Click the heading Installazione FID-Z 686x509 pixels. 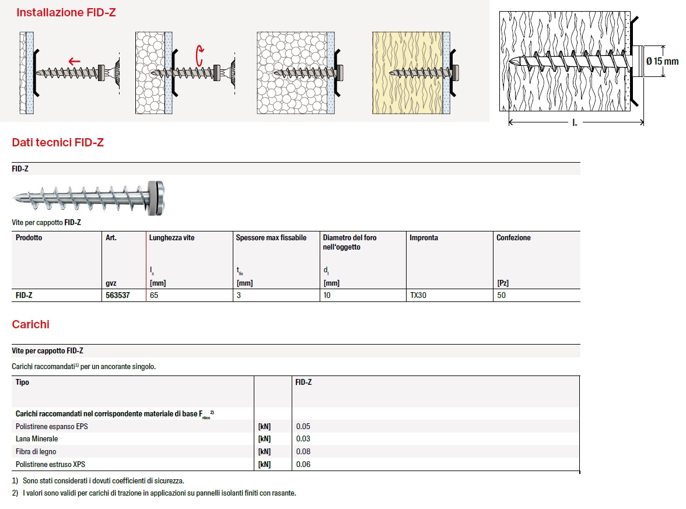[x=66, y=13]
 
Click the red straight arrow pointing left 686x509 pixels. [x=75, y=61]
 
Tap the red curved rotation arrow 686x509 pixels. [x=199, y=55]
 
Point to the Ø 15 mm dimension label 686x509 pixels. [x=663, y=61]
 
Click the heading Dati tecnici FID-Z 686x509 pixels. [x=58, y=142]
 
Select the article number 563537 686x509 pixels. [x=118, y=295]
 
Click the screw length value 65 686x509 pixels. [x=154, y=295]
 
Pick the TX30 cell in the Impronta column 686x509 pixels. [x=418, y=295]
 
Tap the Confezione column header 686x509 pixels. [x=513, y=237]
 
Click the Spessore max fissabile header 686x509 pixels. [x=271, y=237]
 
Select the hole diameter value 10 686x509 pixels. [x=327, y=295]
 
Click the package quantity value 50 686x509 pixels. [x=502, y=295]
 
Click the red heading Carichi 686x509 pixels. [x=30, y=324]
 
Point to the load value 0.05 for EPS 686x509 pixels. [x=303, y=426]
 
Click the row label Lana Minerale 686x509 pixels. [x=37, y=438]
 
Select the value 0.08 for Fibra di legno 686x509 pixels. [x=303, y=451]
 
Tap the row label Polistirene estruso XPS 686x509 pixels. [x=50, y=464]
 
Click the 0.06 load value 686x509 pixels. [x=303, y=464]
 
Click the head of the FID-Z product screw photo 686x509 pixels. [x=156, y=198]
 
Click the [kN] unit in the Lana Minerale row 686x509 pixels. [x=264, y=438]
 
